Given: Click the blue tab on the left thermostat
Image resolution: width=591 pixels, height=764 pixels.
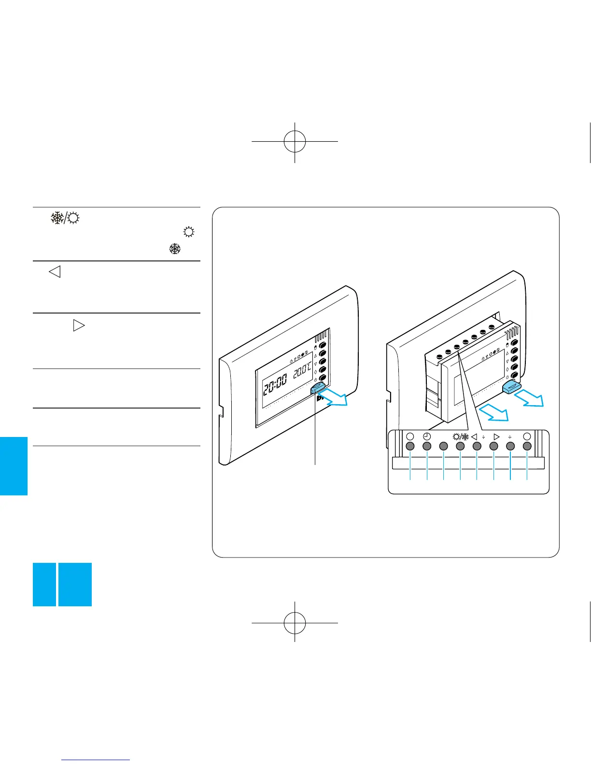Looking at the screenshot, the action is (319, 384).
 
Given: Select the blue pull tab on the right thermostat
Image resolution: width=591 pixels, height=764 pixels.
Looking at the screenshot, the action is (511, 387).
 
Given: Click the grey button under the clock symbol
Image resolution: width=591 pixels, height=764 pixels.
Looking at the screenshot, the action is (427, 446).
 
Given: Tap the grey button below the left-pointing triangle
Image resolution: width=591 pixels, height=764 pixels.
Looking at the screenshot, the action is (477, 446).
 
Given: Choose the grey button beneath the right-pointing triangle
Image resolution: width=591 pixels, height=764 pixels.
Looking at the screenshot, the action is (493, 446).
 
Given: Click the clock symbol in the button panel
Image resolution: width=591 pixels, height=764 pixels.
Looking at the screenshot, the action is (427, 437).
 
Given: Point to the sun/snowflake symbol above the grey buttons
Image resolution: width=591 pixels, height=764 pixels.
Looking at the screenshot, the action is (460, 437).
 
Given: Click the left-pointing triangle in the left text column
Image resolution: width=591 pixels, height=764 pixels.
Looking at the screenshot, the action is (55, 272).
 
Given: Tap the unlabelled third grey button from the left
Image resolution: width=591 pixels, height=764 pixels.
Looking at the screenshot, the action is (443, 446).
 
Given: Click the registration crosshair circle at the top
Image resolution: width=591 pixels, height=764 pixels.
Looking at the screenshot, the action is (295, 141).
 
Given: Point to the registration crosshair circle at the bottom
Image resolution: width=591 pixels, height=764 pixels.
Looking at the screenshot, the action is (295, 623).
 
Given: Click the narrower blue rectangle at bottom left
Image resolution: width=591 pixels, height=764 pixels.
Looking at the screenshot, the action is (44, 584).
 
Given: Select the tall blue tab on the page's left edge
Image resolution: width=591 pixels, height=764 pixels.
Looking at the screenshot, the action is (14, 466).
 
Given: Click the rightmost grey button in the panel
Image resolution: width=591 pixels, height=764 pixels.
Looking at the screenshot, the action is (527, 446).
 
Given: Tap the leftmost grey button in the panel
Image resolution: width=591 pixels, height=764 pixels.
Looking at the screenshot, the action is (410, 446).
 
